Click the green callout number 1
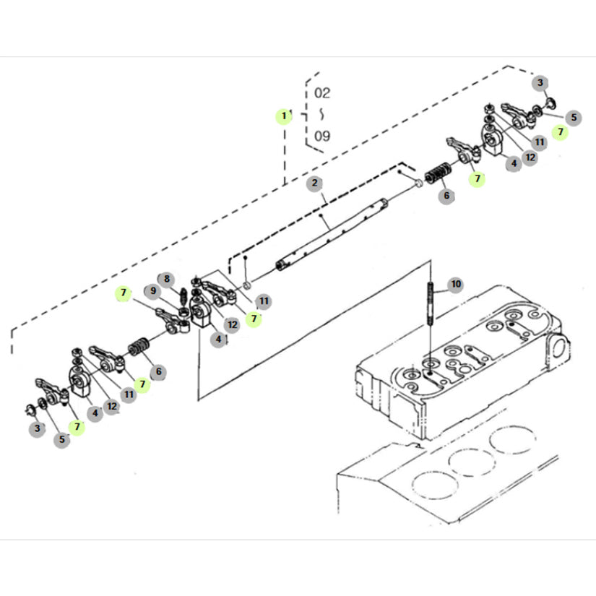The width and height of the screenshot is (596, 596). [x=285, y=116]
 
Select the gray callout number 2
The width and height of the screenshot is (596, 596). [x=314, y=183]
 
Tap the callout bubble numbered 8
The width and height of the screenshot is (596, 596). [x=165, y=278]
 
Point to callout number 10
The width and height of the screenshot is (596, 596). [x=454, y=284]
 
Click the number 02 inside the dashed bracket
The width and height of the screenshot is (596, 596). [x=322, y=93]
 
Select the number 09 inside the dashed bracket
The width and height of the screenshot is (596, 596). [x=322, y=135]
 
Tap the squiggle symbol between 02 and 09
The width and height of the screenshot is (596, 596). [x=321, y=114]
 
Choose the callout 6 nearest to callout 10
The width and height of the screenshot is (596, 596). [x=447, y=195]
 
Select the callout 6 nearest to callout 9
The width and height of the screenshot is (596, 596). [x=157, y=372]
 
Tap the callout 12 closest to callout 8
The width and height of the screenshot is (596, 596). [x=231, y=324]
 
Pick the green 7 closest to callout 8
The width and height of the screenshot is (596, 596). [x=124, y=293]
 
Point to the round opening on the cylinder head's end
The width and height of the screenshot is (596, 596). [x=558, y=347]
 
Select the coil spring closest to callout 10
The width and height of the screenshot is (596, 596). [x=439, y=176]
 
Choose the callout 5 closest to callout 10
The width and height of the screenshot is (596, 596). [x=573, y=116]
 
